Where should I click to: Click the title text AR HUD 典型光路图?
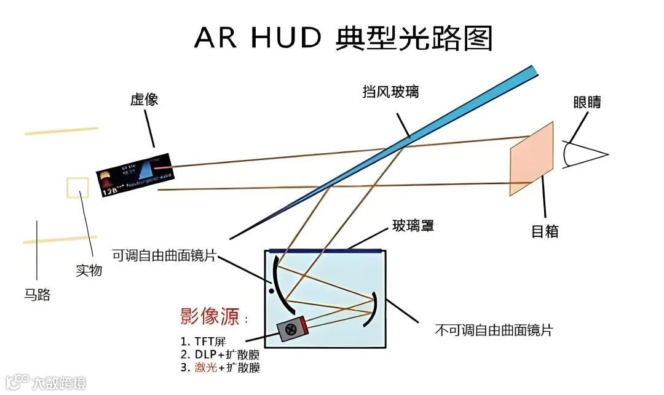pos(344,38)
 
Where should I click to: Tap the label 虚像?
pos(144,100)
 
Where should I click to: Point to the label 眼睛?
pos(587,103)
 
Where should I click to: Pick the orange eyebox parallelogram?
pos(532,159)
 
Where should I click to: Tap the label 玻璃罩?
pos(413,226)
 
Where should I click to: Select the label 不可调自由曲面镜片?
pos(494,330)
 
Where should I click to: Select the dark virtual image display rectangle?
pos(135,174)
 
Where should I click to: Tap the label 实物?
pos(89,270)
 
